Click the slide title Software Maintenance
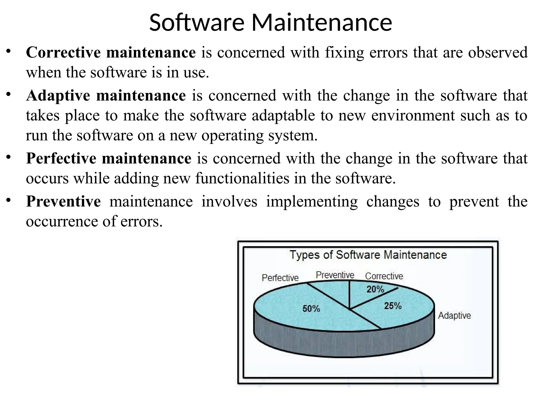pos(270,23)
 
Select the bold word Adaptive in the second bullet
pos(58,95)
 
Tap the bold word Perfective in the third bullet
pos(61,158)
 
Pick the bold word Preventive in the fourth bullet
pos(63,201)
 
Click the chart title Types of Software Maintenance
pos(368,255)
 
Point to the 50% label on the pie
pos(311,309)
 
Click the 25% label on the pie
pos(393,306)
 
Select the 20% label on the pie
pos(375,289)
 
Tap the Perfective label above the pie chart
pos(280,278)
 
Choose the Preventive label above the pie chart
pos(335,275)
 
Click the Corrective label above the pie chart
pos(384,276)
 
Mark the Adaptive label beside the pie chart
pos(454,316)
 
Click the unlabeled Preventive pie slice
pos(336,291)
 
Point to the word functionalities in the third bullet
pos(242,178)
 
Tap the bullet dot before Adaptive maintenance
pos(9,94)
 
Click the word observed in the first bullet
pos(498,52)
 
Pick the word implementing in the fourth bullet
pos(312,202)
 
